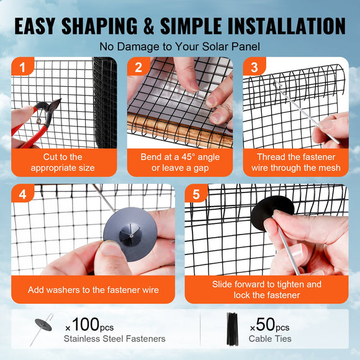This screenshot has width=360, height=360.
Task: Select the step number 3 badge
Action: [253, 67]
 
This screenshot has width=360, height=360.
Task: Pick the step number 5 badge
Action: [196, 194]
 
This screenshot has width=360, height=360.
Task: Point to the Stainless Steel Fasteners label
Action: [114, 339]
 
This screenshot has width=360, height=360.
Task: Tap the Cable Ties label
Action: [270, 339]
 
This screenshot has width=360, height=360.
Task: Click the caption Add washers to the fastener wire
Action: [93, 290]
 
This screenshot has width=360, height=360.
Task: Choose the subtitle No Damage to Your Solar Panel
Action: [179, 47]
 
